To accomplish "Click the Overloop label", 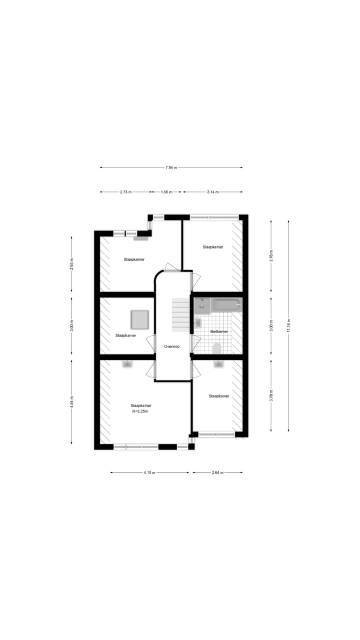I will pyautogui.click(x=171, y=346).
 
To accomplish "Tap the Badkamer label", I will pyautogui.click(x=219, y=331).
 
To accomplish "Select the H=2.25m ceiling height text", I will pyautogui.click(x=140, y=411).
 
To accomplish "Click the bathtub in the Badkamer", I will pyautogui.click(x=226, y=305).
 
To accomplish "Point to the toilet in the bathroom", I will pyautogui.click(x=217, y=348).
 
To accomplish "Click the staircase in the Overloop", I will pyautogui.click(x=180, y=314).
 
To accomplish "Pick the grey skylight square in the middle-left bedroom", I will pyautogui.click(x=139, y=319).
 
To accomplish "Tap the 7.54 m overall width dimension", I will pyautogui.click(x=171, y=167).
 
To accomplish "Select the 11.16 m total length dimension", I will pyautogui.click(x=288, y=325).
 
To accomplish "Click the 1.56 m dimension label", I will pyautogui.click(x=166, y=192).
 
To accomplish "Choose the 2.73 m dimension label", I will pyautogui.click(x=125, y=192).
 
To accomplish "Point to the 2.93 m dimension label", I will pyautogui.click(x=71, y=263).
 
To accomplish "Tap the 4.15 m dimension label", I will pyautogui.click(x=149, y=472).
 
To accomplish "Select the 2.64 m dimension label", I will pyautogui.click(x=217, y=472).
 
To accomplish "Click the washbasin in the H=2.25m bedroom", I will pyautogui.click(x=127, y=364).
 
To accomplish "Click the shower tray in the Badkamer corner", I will pyautogui.click(x=202, y=304).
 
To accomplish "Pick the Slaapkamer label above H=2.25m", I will pyautogui.click(x=140, y=405).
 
